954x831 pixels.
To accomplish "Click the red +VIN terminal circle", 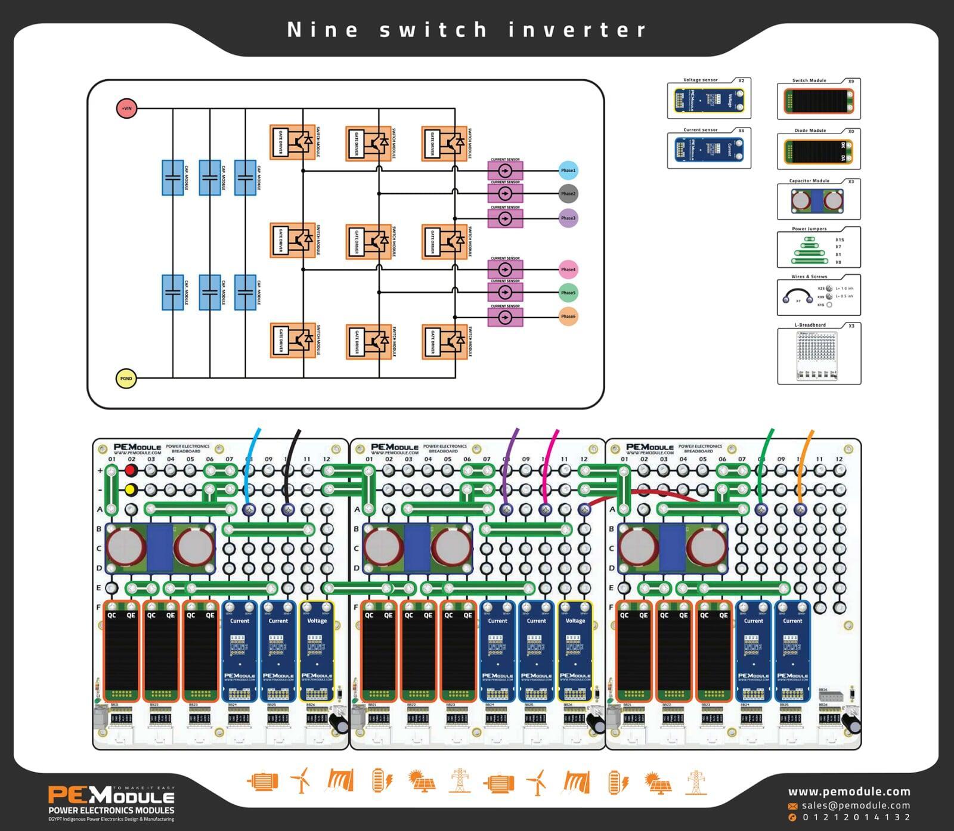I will pyautogui.click(x=126, y=108).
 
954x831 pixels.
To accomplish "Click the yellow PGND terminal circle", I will pyautogui.click(x=126, y=379).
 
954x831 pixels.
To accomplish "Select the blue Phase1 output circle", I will pyautogui.click(x=568, y=170).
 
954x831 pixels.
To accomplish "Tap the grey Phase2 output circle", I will pyautogui.click(x=568, y=194).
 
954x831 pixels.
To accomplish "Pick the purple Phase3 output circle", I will pyautogui.click(x=568, y=218).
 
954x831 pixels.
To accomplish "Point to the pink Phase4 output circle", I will pyautogui.click(x=568, y=269).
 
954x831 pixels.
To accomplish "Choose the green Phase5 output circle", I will pyautogui.click(x=568, y=293).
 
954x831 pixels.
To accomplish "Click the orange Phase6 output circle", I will pyautogui.click(x=568, y=317).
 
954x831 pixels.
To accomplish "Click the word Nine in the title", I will pyautogui.click(x=323, y=30).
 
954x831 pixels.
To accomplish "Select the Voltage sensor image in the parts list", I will pyautogui.click(x=708, y=100).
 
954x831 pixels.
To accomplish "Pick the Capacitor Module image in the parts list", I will pyautogui.click(x=817, y=201).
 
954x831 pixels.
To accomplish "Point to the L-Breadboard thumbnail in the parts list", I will pyautogui.click(x=817, y=355).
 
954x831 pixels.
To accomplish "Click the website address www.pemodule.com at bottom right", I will pyautogui.click(x=849, y=792).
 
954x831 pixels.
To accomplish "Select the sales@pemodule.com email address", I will pyautogui.click(x=856, y=805).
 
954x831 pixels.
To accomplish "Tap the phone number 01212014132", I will pyautogui.click(x=857, y=817).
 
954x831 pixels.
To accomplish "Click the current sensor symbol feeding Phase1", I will pyautogui.click(x=505, y=171).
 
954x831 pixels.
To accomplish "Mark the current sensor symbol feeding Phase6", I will pyautogui.click(x=505, y=317).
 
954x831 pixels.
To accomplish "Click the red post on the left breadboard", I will pyautogui.click(x=131, y=470).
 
